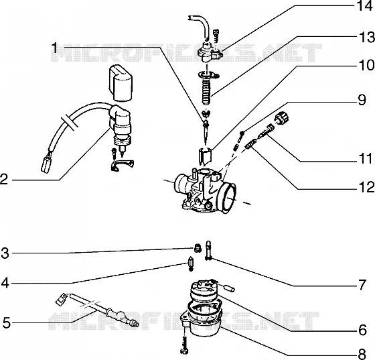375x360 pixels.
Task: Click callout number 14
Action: [x=364, y=6]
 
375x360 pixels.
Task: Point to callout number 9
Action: [x=362, y=100]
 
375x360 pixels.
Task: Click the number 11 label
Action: [x=365, y=158]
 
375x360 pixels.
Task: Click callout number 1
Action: [x=55, y=48]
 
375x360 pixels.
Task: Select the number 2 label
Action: [x=4, y=179]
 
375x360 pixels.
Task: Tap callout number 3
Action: [x=5, y=253]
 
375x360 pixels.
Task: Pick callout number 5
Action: [x=7, y=322]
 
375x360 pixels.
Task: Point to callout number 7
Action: [x=362, y=285]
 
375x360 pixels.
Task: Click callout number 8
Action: [x=362, y=353]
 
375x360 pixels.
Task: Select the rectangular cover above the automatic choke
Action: [x=121, y=83]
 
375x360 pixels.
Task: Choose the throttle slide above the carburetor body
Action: [x=205, y=156]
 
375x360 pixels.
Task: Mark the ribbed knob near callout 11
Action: [x=282, y=118]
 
